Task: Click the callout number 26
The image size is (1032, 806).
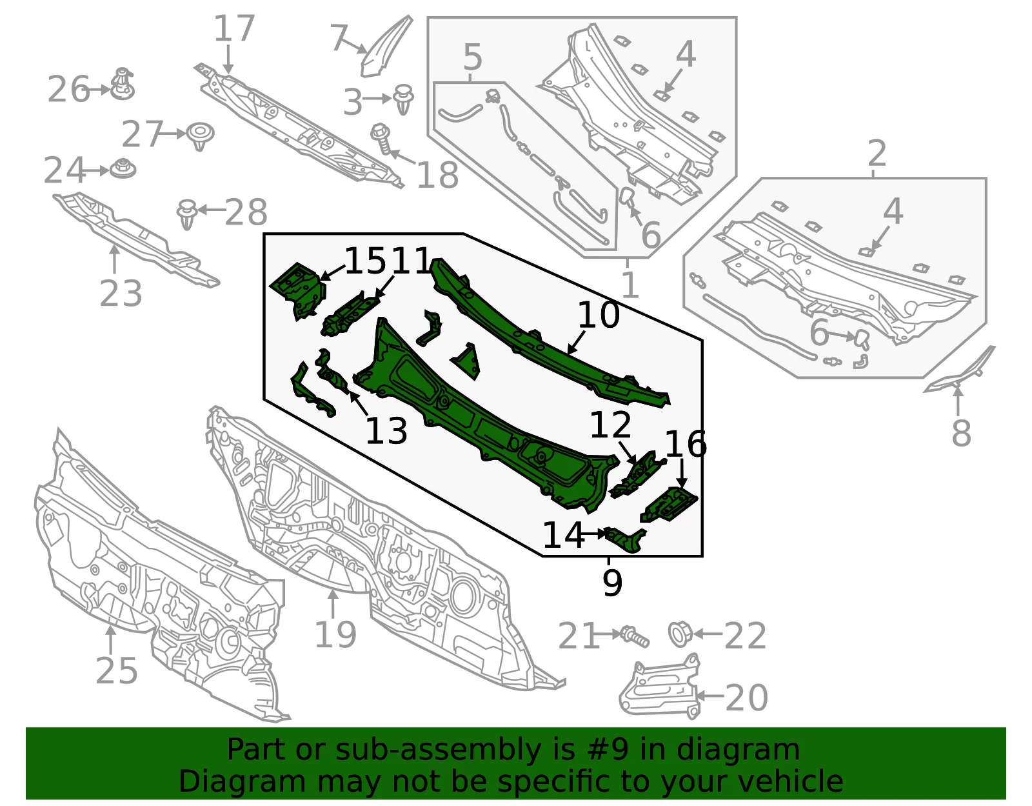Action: point(68,89)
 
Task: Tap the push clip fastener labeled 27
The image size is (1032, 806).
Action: point(200,136)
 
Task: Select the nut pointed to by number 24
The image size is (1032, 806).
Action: point(123,168)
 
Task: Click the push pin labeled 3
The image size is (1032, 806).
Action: point(403,99)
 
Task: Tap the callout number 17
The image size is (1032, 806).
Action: point(233,28)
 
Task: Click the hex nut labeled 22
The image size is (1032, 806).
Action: point(680,634)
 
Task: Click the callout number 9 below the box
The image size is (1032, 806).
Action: point(612,583)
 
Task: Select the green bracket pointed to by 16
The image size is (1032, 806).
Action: point(669,505)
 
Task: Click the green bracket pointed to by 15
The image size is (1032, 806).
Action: point(298,290)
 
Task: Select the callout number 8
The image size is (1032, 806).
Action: point(961,433)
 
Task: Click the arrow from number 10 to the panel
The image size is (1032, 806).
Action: point(577,343)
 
